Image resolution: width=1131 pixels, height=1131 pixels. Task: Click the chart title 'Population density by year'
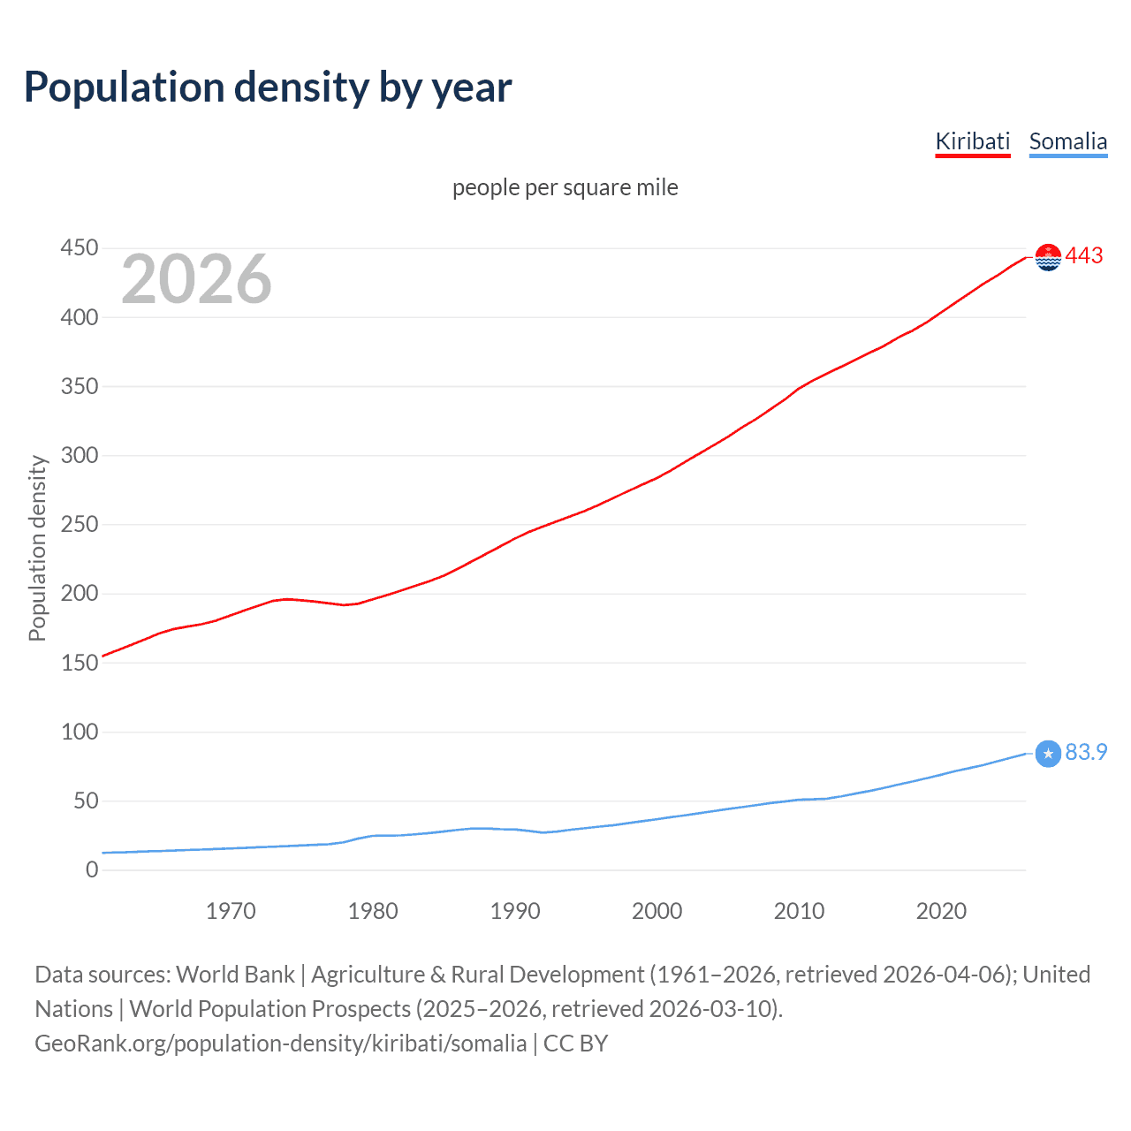(x=268, y=87)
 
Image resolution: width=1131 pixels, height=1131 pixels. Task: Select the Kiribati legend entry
(x=972, y=141)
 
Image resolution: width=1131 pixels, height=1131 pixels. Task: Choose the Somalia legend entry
(x=1067, y=141)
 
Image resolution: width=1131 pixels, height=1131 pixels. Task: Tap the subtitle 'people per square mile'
(x=565, y=188)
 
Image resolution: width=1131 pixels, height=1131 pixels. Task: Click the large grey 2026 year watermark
(x=196, y=279)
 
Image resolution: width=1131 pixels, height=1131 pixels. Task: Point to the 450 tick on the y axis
(x=79, y=248)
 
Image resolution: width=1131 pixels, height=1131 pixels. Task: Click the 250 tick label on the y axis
(x=79, y=525)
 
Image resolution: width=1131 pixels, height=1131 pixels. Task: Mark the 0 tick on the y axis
(x=92, y=870)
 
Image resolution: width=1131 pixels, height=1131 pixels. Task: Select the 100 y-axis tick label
(x=79, y=732)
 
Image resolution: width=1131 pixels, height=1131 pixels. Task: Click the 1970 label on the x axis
(x=231, y=911)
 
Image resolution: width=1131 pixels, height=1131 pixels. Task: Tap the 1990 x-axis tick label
(x=515, y=911)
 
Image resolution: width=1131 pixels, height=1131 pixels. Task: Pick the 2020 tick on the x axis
(x=941, y=911)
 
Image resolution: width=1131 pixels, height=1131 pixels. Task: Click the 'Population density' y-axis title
(x=37, y=548)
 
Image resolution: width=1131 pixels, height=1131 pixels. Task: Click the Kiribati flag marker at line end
(x=1047, y=257)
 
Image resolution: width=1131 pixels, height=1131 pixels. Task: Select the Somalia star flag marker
(x=1047, y=754)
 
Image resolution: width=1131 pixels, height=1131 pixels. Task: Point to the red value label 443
(x=1084, y=256)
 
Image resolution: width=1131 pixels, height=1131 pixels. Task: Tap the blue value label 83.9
(x=1086, y=753)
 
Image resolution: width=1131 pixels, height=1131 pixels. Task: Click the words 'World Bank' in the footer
(x=235, y=975)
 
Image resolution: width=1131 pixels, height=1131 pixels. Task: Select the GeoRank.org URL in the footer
(x=280, y=1044)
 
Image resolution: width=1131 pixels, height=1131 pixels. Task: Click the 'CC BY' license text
(x=575, y=1044)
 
